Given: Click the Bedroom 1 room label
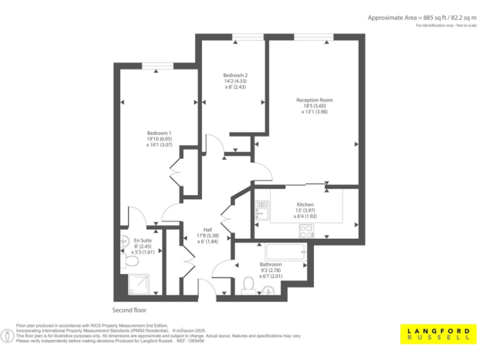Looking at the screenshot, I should tap(159, 133).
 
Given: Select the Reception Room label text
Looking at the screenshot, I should tap(314, 100).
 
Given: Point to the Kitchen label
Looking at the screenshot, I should tap(305, 205).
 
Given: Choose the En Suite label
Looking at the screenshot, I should tap(143, 240).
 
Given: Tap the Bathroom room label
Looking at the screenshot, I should tap(271, 264).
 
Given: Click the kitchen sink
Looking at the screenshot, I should tap(261, 214).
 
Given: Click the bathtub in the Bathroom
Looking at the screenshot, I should tap(286, 252).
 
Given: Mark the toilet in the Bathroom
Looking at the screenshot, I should tap(247, 286).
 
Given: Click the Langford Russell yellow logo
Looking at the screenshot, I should tap(437, 334).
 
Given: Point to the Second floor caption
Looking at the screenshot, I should tap(129, 310).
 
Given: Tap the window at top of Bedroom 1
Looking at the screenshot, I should tap(156, 65).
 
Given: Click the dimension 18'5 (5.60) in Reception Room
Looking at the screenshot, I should tap(314, 106).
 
